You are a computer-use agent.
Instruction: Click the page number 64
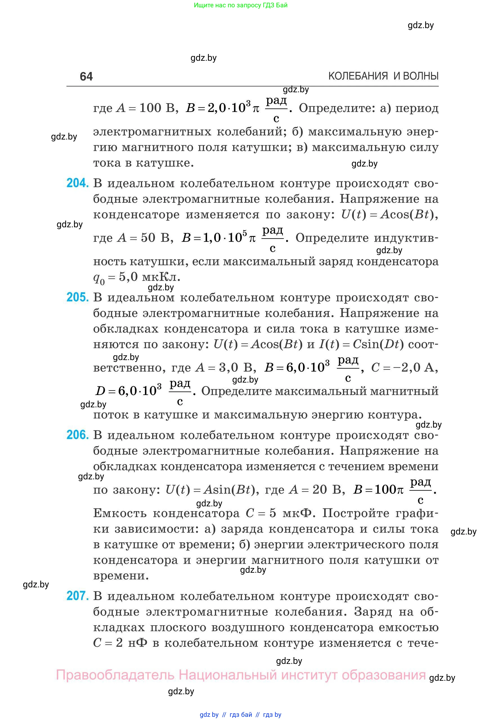point(86,76)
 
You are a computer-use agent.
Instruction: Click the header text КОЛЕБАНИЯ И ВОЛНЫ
point(383,76)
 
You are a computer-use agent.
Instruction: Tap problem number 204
point(77,183)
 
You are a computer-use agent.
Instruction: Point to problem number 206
point(77,435)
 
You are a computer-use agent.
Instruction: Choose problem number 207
point(77,596)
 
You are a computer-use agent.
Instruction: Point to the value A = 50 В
point(143,238)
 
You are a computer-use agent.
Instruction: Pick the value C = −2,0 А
point(404,368)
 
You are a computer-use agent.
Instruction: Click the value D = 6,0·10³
point(129,391)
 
